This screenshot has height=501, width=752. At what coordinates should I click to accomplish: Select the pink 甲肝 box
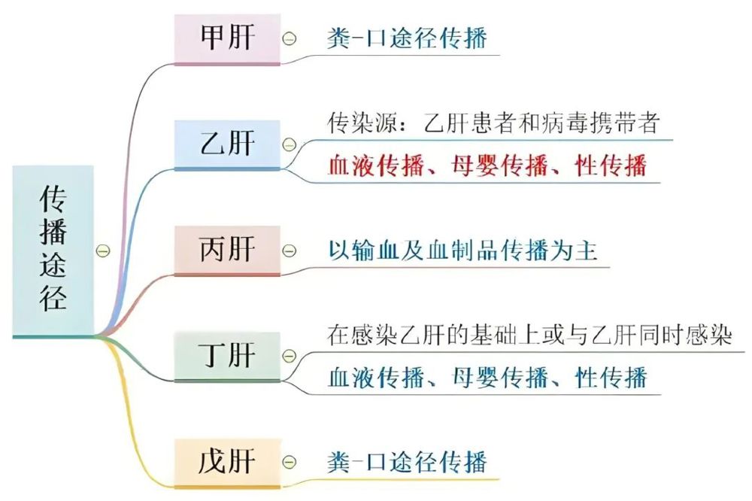[x=228, y=37]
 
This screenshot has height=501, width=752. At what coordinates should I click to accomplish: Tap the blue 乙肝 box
[x=228, y=143]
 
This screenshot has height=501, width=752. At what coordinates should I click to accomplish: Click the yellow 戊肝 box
[x=228, y=461]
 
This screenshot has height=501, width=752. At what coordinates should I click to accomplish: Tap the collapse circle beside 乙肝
[x=290, y=144]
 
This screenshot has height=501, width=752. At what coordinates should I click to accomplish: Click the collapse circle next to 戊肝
[x=290, y=462]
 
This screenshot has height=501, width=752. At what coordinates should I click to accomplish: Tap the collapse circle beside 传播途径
[x=105, y=250]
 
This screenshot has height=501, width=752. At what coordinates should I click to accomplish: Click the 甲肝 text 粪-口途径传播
[x=407, y=37]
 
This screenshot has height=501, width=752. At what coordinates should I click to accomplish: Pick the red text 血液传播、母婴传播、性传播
[x=487, y=165]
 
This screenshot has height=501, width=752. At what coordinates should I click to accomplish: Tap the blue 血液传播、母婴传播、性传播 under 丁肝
[x=487, y=377]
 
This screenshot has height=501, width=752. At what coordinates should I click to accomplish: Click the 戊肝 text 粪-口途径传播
[x=407, y=461]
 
